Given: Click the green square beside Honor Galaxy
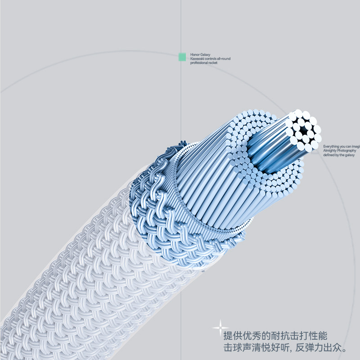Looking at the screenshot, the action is [x=182, y=57].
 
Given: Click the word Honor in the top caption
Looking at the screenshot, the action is [x=194, y=54].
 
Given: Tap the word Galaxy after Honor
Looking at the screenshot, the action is [x=205, y=54].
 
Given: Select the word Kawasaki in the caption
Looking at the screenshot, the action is [x=196, y=58].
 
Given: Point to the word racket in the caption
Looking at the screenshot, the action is [x=213, y=63].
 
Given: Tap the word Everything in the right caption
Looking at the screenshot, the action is [x=331, y=146].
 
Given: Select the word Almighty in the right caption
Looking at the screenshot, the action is [x=329, y=151].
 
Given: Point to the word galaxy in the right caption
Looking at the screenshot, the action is [x=350, y=155].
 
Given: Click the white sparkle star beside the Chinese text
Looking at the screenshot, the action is [x=220, y=327].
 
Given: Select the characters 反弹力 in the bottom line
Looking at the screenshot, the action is [x=312, y=348].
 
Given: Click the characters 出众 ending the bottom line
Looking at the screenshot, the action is [x=334, y=348].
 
